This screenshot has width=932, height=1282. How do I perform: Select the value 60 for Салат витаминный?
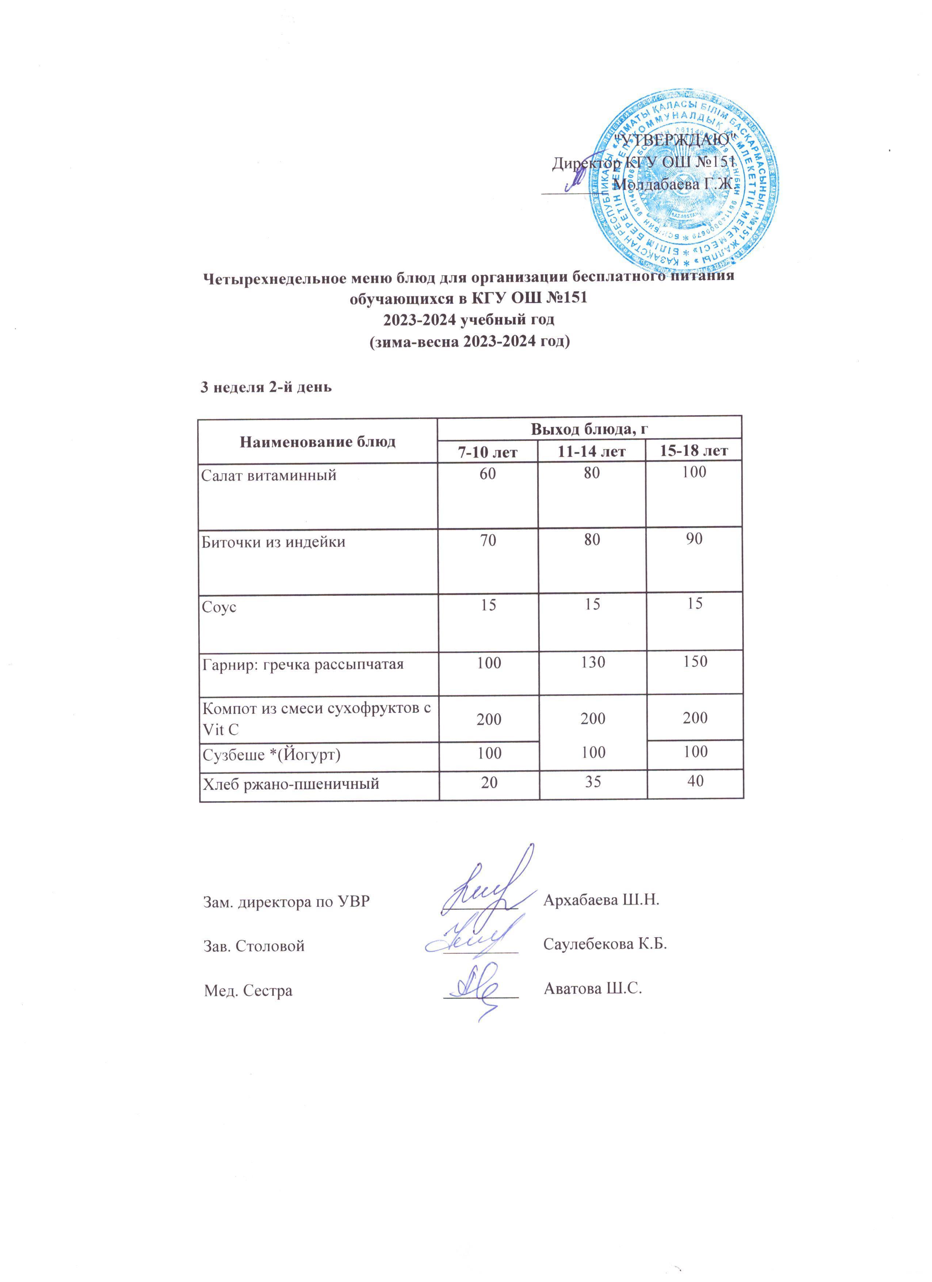tap(488, 473)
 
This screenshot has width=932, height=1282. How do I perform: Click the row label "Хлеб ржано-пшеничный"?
tap(290, 784)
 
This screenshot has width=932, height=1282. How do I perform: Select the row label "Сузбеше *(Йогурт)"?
tap(271, 755)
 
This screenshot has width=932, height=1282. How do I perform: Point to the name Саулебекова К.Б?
tap(605, 944)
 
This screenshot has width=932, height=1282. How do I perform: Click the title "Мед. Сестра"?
tap(248, 990)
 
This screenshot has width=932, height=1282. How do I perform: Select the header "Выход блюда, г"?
tap(589, 429)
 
